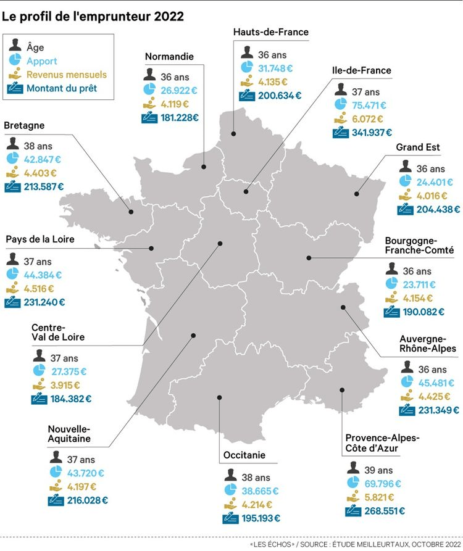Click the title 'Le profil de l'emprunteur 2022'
[x=93, y=17]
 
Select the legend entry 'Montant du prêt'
[x=61, y=88]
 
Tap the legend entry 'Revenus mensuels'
[x=66, y=75]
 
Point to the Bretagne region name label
[x=24, y=125]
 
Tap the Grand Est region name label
[x=418, y=147]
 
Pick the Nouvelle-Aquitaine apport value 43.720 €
[x=85, y=473]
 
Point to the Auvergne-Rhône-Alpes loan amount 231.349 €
[x=429, y=410]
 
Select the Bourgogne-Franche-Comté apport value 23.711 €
[x=419, y=284]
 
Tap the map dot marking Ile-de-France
[x=246, y=192]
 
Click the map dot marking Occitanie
[x=219, y=397]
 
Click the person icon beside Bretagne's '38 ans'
[x=13, y=146]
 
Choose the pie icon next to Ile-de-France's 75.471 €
[x=340, y=105]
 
